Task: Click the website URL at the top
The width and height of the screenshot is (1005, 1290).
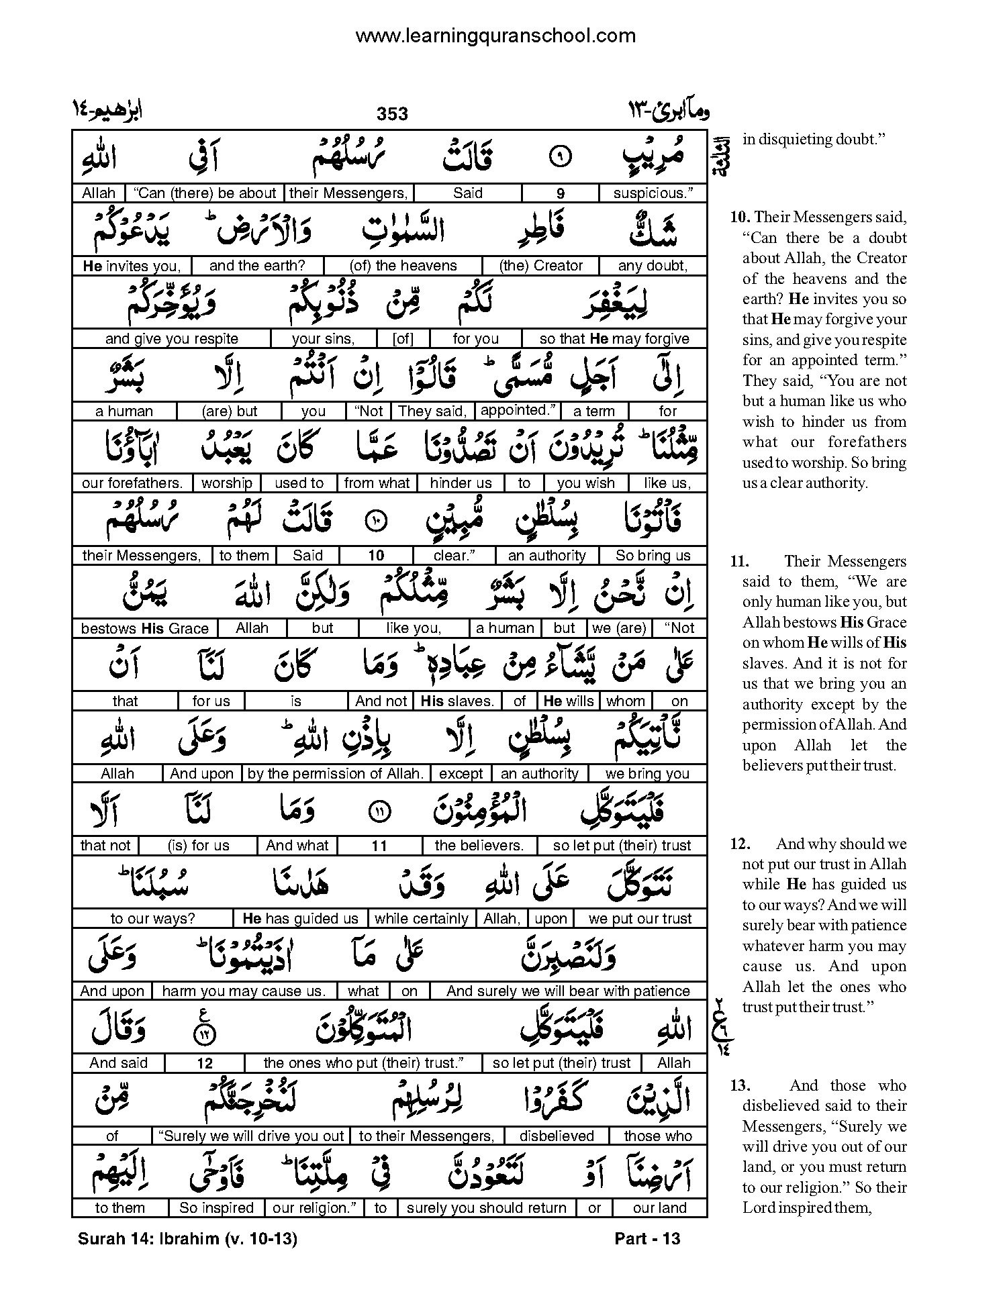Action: [x=495, y=35]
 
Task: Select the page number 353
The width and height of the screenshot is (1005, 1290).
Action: [x=392, y=114]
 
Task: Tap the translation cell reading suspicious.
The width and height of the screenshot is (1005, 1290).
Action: [x=653, y=193]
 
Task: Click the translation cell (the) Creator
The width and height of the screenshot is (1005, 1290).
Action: [x=541, y=266]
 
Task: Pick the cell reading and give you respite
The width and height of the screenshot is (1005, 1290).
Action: [x=172, y=339]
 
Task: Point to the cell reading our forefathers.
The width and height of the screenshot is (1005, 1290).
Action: [x=132, y=483]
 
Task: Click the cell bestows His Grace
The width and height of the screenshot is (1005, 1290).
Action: [x=145, y=629]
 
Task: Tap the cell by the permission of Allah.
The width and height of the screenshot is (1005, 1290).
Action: [x=336, y=774]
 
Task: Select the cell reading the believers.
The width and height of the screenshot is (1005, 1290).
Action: [x=479, y=846]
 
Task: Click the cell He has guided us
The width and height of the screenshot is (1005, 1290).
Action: [x=301, y=919]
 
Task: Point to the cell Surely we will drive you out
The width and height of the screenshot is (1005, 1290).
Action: [x=252, y=1136]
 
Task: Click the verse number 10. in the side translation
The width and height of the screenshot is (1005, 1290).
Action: [x=738, y=217]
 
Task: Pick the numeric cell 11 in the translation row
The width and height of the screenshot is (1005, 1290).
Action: [x=379, y=846]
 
